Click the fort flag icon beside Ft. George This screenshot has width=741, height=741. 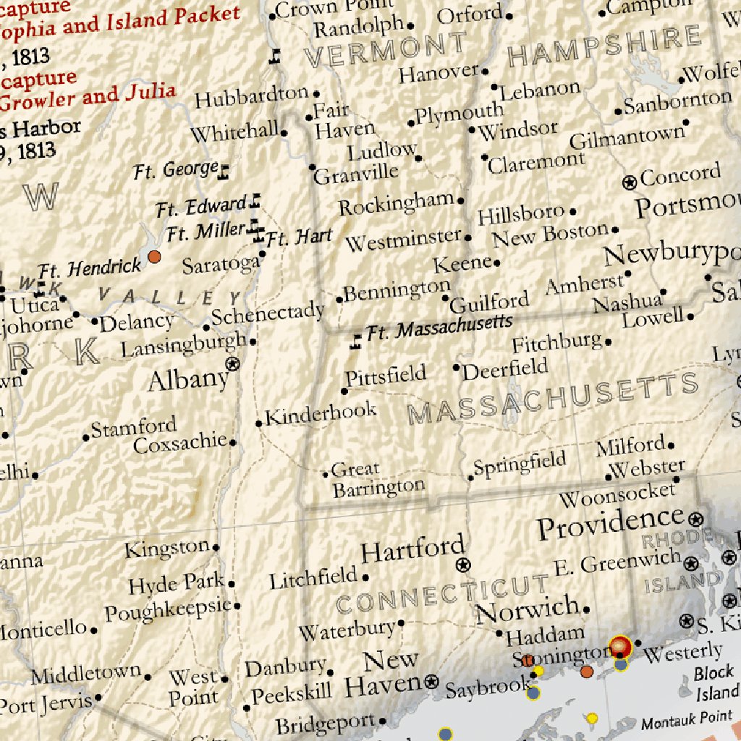click(224, 172)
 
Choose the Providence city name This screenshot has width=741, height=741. click(609, 525)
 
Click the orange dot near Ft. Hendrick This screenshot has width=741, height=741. click(154, 256)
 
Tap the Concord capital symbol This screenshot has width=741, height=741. click(630, 182)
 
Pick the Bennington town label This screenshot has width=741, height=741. click(397, 291)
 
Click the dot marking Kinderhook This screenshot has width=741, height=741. click(259, 423)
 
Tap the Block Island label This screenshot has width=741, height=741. click(716, 682)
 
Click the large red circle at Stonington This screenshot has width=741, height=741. click(620, 646)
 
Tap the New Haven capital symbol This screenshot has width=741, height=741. click(432, 681)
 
